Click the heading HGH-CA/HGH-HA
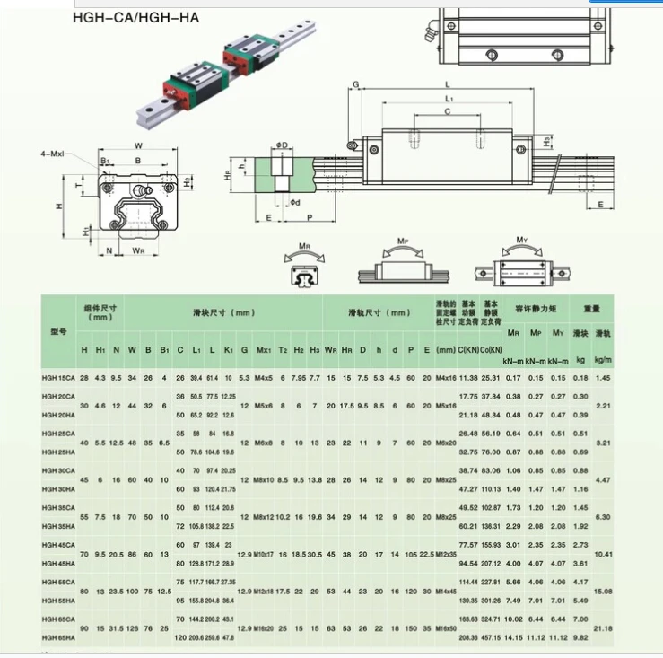tap(135, 16)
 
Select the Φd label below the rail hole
tap(294, 202)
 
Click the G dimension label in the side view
tap(355, 84)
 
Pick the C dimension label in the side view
tap(446, 111)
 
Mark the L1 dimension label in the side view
tap(449, 98)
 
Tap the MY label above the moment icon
tap(521, 241)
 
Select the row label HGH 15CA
tap(59, 378)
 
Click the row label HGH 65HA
tap(59, 637)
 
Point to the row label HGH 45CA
tap(59, 545)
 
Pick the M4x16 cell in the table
tap(446, 378)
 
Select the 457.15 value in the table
tap(490, 637)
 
